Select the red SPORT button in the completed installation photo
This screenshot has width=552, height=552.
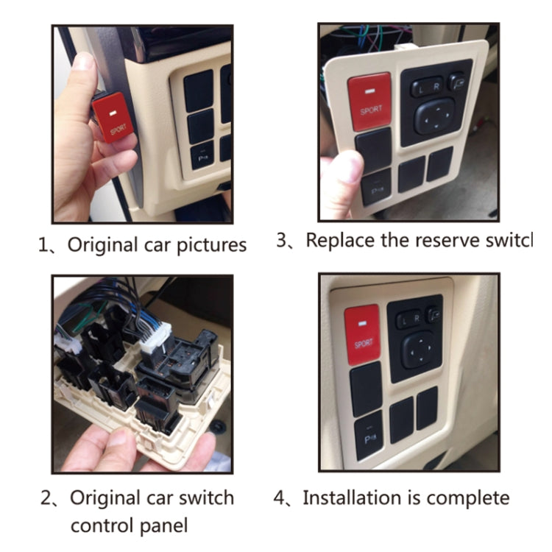pyautogui.click(x=363, y=334)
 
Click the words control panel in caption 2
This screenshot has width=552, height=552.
pyautogui.click(x=129, y=526)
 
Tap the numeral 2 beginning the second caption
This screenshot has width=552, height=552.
pyautogui.click(x=46, y=498)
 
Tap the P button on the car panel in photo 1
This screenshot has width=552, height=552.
pyautogui.click(x=202, y=155)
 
